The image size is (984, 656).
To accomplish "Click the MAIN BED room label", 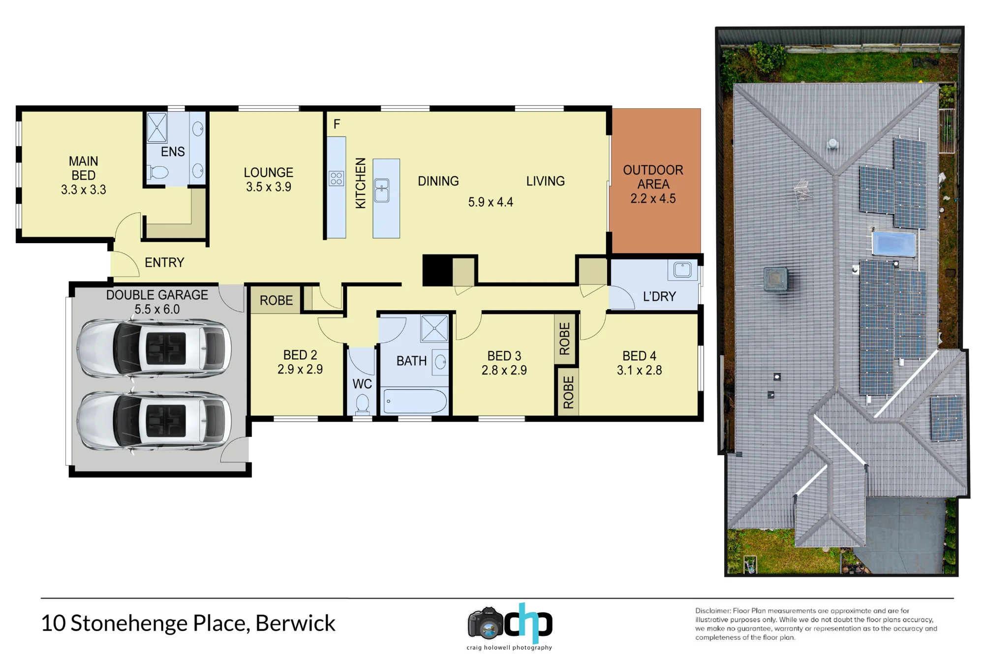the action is point(84,168).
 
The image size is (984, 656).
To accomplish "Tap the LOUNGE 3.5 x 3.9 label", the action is point(269,180).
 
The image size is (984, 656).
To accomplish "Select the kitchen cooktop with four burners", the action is point(336,178).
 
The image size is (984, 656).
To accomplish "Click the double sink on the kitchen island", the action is point(382,190).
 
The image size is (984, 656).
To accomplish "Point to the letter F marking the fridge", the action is point(337,124).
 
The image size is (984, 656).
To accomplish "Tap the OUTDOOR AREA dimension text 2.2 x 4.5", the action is point(653,198).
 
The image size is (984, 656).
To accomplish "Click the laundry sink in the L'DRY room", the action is point(682,270).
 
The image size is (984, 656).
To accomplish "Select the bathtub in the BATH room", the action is point(415,401).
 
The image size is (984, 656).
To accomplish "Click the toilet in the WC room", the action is point(363,404).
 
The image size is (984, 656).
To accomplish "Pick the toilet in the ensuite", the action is point(157,172).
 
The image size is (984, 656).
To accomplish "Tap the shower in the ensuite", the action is point(157,127).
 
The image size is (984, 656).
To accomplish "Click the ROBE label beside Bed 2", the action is point(276,300).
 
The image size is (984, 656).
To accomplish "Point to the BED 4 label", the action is point(639,356).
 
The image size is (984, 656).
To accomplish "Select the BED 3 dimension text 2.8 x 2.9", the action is point(504,370).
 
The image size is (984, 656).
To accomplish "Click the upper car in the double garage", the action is point(154,349).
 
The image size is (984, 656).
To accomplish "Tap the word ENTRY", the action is point(164,262).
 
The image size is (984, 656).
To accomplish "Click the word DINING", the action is point(438,181).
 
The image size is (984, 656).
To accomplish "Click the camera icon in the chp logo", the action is point(486,624).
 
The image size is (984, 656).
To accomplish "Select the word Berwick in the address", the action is point(295,623).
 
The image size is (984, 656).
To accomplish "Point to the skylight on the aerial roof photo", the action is point(893,244).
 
